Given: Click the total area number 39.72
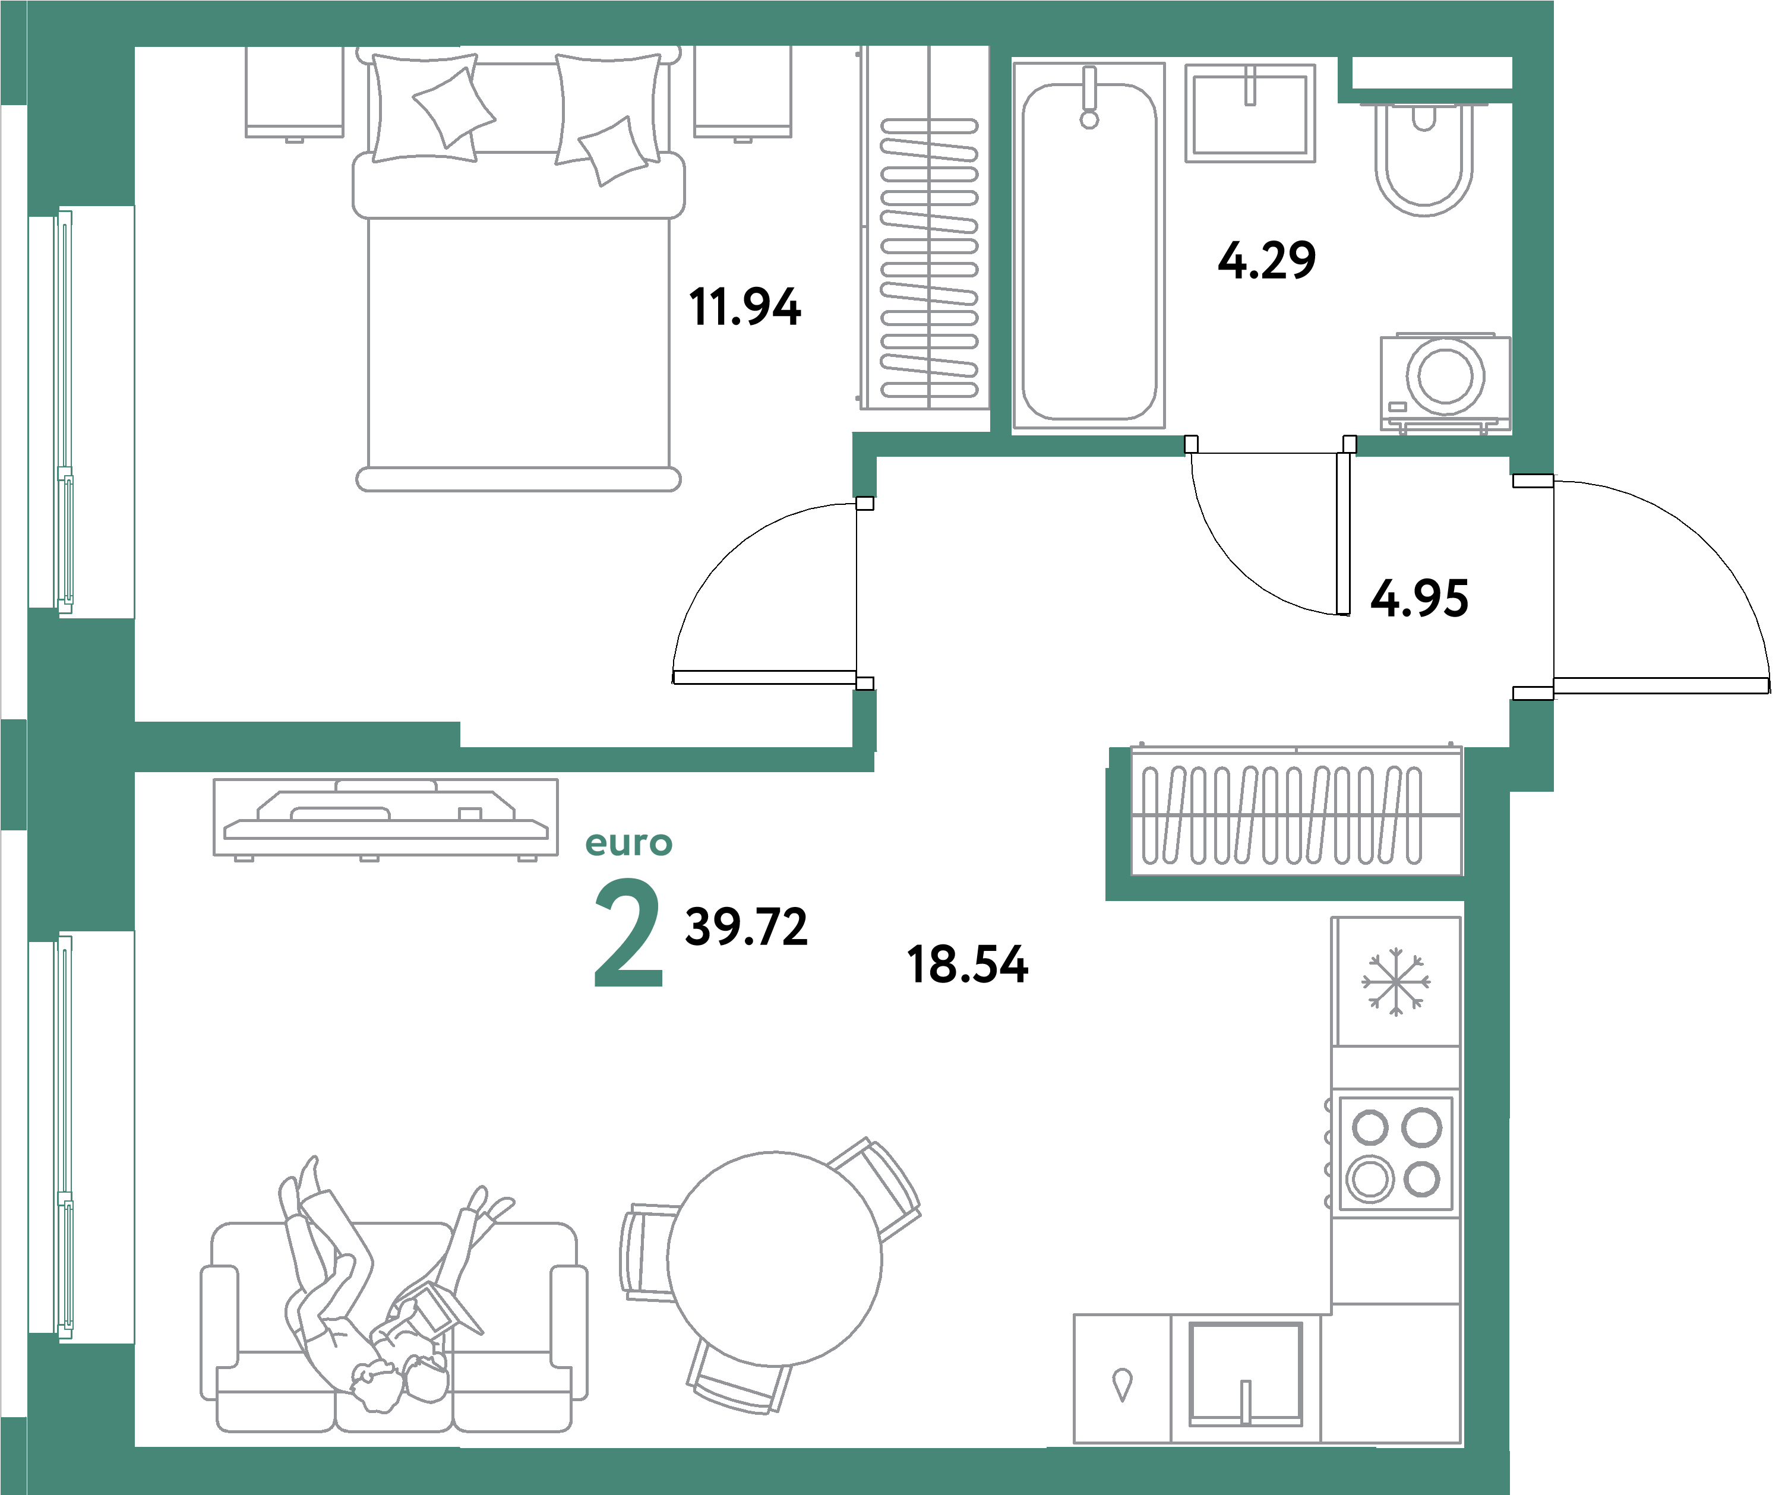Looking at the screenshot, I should (x=746, y=927).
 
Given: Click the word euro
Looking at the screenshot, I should (x=629, y=843).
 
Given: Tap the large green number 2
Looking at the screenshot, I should (x=627, y=933).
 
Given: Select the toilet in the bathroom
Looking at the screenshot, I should (x=1423, y=161).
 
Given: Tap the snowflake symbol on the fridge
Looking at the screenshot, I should (x=1396, y=982).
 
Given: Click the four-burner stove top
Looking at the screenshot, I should (x=1396, y=1153).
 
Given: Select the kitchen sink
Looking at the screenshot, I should (x=1245, y=1373).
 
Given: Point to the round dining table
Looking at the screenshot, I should (x=774, y=1259).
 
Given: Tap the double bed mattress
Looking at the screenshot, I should (x=519, y=339).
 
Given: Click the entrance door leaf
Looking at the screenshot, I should (x=1661, y=685).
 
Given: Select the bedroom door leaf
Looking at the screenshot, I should (x=764, y=677).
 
